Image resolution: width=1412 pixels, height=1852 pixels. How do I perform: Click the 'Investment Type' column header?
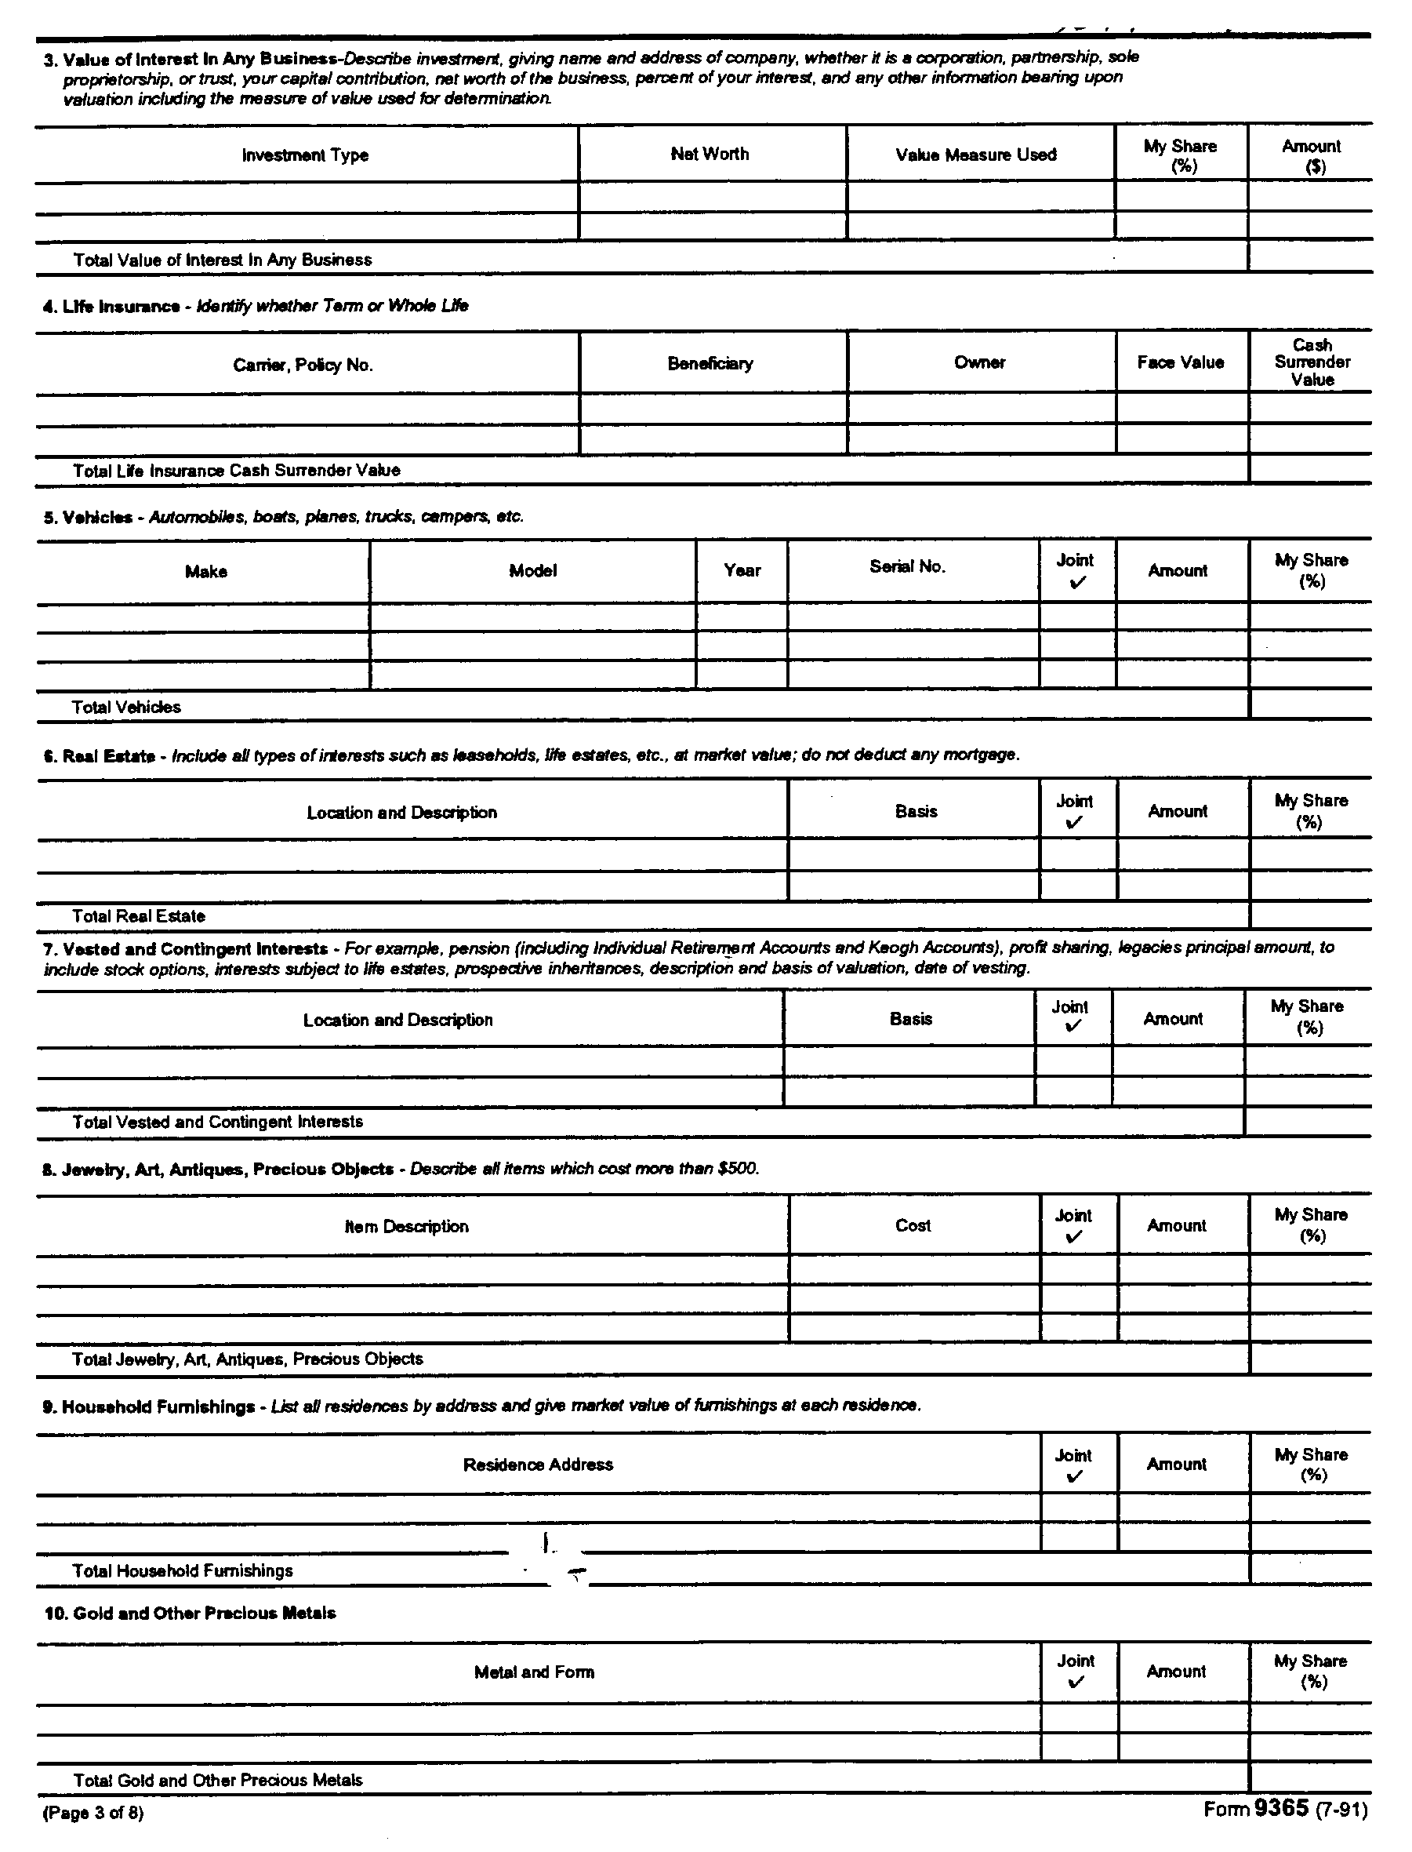pos(305,155)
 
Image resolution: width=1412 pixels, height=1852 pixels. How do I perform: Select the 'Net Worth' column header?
pos(710,154)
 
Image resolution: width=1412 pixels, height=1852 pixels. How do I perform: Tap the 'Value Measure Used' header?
pos(976,155)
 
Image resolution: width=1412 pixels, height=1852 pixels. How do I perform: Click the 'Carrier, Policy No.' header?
pos(303,365)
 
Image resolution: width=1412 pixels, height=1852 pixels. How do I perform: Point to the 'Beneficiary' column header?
pos(710,363)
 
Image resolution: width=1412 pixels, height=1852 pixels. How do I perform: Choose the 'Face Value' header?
pos(1180,362)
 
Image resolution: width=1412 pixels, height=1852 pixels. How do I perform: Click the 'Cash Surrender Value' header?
pos(1312,362)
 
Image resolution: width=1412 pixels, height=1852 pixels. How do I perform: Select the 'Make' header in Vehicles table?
pos(206,572)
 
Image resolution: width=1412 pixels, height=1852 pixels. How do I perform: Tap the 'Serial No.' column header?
pos(907,566)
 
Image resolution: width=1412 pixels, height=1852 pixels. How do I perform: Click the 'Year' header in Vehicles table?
pos(742,571)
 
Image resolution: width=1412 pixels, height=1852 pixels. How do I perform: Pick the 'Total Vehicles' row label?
pos(126,707)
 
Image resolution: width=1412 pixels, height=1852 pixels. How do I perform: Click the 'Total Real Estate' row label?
pos(139,916)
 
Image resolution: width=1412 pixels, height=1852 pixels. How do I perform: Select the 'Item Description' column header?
pos(407,1227)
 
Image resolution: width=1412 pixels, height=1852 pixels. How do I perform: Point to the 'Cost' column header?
pos(913,1226)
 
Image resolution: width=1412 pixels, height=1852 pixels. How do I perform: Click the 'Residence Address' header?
pos(538,1464)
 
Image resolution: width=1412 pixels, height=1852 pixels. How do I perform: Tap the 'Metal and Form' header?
pos(534,1672)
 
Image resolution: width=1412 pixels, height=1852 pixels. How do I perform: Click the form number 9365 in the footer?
pos(1281,1808)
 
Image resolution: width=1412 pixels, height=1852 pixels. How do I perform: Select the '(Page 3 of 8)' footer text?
pos(93,1814)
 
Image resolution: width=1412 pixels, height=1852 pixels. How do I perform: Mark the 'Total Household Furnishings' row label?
pos(183,1570)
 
